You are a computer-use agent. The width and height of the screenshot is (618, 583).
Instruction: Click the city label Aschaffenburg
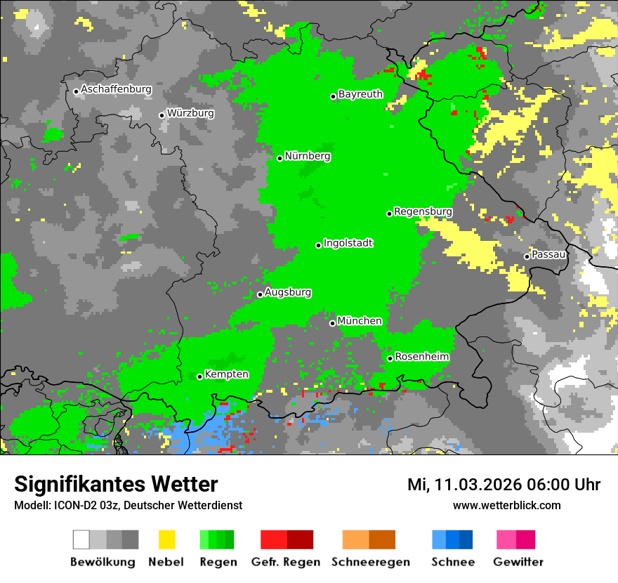tap(116, 90)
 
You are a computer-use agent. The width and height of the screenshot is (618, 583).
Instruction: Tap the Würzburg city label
tap(190, 113)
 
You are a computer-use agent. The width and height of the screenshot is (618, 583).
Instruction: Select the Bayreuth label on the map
tap(360, 94)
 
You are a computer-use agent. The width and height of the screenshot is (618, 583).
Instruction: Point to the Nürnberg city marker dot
tap(280, 158)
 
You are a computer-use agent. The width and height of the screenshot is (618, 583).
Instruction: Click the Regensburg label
tap(423, 211)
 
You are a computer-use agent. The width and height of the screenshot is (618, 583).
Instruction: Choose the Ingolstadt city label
tap(348, 243)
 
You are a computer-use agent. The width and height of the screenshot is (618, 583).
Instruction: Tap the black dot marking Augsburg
tap(260, 294)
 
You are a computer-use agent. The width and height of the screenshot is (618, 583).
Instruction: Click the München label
tap(360, 321)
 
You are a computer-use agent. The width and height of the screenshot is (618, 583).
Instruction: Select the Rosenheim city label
tap(421, 357)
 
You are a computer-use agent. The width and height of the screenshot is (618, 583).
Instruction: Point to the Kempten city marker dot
tap(200, 376)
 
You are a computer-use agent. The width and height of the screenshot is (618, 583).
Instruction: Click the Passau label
tap(548, 254)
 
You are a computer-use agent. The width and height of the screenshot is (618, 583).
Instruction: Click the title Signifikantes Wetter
tap(116, 484)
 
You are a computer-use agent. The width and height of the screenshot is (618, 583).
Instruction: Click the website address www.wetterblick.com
tap(506, 505)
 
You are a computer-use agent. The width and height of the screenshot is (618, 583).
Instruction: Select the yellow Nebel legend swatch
tap(166, 539)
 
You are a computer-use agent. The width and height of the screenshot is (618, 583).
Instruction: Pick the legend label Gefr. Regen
tap(286, 562)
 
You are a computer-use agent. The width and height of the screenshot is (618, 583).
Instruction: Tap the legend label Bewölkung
tap(103, 562)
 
